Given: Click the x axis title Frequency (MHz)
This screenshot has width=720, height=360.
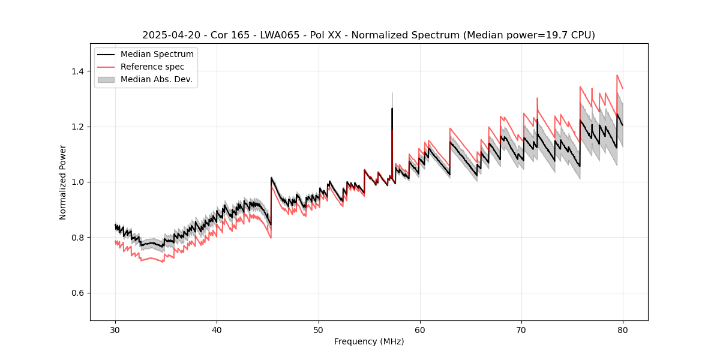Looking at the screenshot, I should (369, 341).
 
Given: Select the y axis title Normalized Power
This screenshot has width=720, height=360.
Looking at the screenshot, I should (63, 182).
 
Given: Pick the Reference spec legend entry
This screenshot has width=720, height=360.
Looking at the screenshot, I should (152, 67).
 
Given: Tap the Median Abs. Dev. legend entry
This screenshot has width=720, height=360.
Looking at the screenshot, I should (157, 79).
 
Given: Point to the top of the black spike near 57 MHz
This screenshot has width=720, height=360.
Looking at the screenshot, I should (392, 109).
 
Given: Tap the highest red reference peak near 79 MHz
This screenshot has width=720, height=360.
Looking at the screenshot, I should (617, 76).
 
